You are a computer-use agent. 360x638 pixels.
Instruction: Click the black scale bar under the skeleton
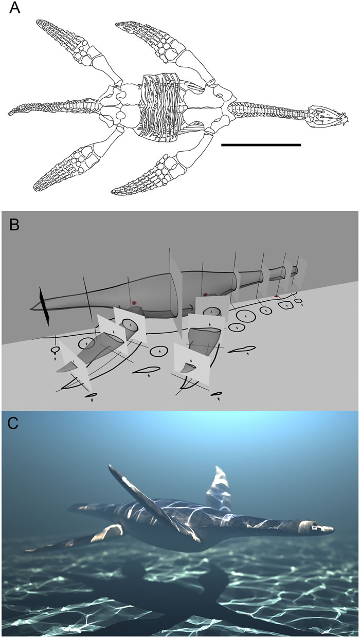tap(261, 145)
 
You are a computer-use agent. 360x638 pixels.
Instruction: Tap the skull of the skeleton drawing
tap(322, 116)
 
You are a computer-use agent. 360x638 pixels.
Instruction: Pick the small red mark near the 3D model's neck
tap(276, 297)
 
